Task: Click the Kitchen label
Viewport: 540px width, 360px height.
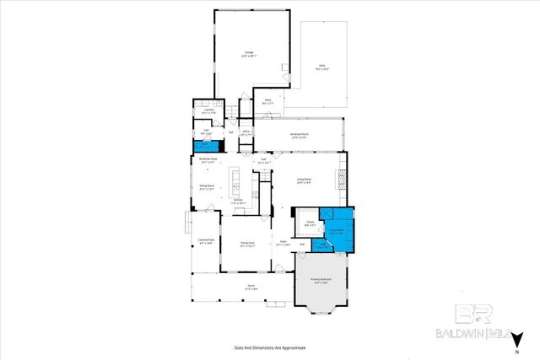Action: pos(238,201)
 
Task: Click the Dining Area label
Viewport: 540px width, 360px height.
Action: pos(246,244)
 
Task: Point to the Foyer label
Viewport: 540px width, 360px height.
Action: pos(284,244)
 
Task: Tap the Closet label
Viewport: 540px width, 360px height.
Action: pos(310,224)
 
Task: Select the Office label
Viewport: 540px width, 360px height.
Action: pos(246,132)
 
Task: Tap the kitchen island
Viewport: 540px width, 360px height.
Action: pos(239,178)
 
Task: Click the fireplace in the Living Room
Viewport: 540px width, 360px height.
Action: pos(343,180)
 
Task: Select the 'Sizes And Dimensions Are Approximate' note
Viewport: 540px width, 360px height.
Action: pos(269,347)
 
